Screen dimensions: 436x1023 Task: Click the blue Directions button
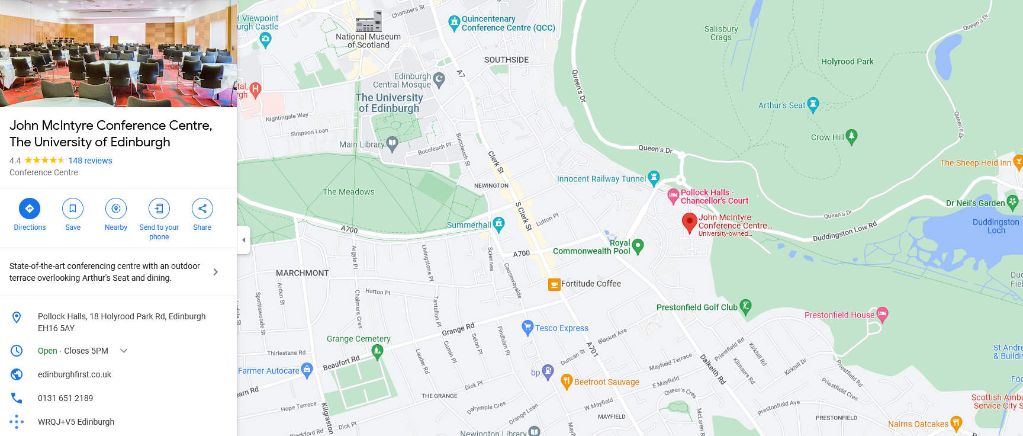(30, 209)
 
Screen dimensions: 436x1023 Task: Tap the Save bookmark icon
(73, 209)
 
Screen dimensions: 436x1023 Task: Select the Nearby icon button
(116, 209)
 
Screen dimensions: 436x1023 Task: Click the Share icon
(202, 209)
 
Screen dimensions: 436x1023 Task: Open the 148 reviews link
(90, 161)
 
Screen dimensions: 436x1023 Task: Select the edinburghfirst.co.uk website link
(75, 374)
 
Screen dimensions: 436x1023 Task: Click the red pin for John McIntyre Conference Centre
(689, 223)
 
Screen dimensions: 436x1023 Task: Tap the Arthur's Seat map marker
(813, 104)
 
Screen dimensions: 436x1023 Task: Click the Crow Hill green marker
(851, 136)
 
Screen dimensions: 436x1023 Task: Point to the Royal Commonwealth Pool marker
(638, 246)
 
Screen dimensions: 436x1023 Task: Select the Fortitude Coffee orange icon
(554, 284)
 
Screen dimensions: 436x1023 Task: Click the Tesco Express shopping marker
(527, 327)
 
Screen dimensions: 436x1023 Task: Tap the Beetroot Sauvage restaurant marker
(567, 381)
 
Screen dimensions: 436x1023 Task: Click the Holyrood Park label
(847, 62)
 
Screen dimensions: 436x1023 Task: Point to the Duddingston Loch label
(996, 226)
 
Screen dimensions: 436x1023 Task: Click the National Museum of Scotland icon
(368, 23)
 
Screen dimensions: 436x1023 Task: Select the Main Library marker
(392, 143)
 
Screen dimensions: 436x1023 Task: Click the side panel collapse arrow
(243, 240)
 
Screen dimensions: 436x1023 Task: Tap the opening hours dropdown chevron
(124, 351)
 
